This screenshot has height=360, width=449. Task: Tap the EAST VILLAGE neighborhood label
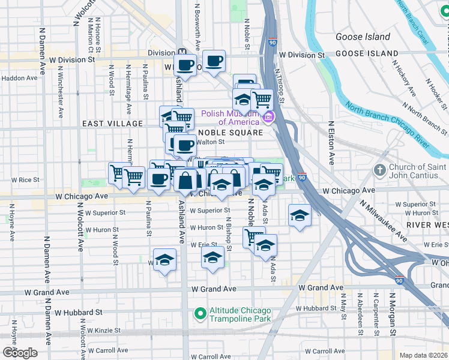tap(113, 124)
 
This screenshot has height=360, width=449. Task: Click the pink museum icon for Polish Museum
tap(270, 116)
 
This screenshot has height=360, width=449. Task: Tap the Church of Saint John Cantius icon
tap(379, 170)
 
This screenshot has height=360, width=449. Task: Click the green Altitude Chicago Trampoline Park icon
tap(200, 314)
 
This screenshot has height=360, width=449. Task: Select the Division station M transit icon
tap(181, 52)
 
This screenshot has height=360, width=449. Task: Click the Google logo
tap(19, 352)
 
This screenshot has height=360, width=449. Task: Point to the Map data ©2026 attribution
tap(424, 355)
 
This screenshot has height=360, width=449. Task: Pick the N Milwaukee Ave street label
tap(383, 221)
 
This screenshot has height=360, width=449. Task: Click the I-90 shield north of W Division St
tap(273, 43)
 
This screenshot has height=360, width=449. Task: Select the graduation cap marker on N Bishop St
tap(212, 259)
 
